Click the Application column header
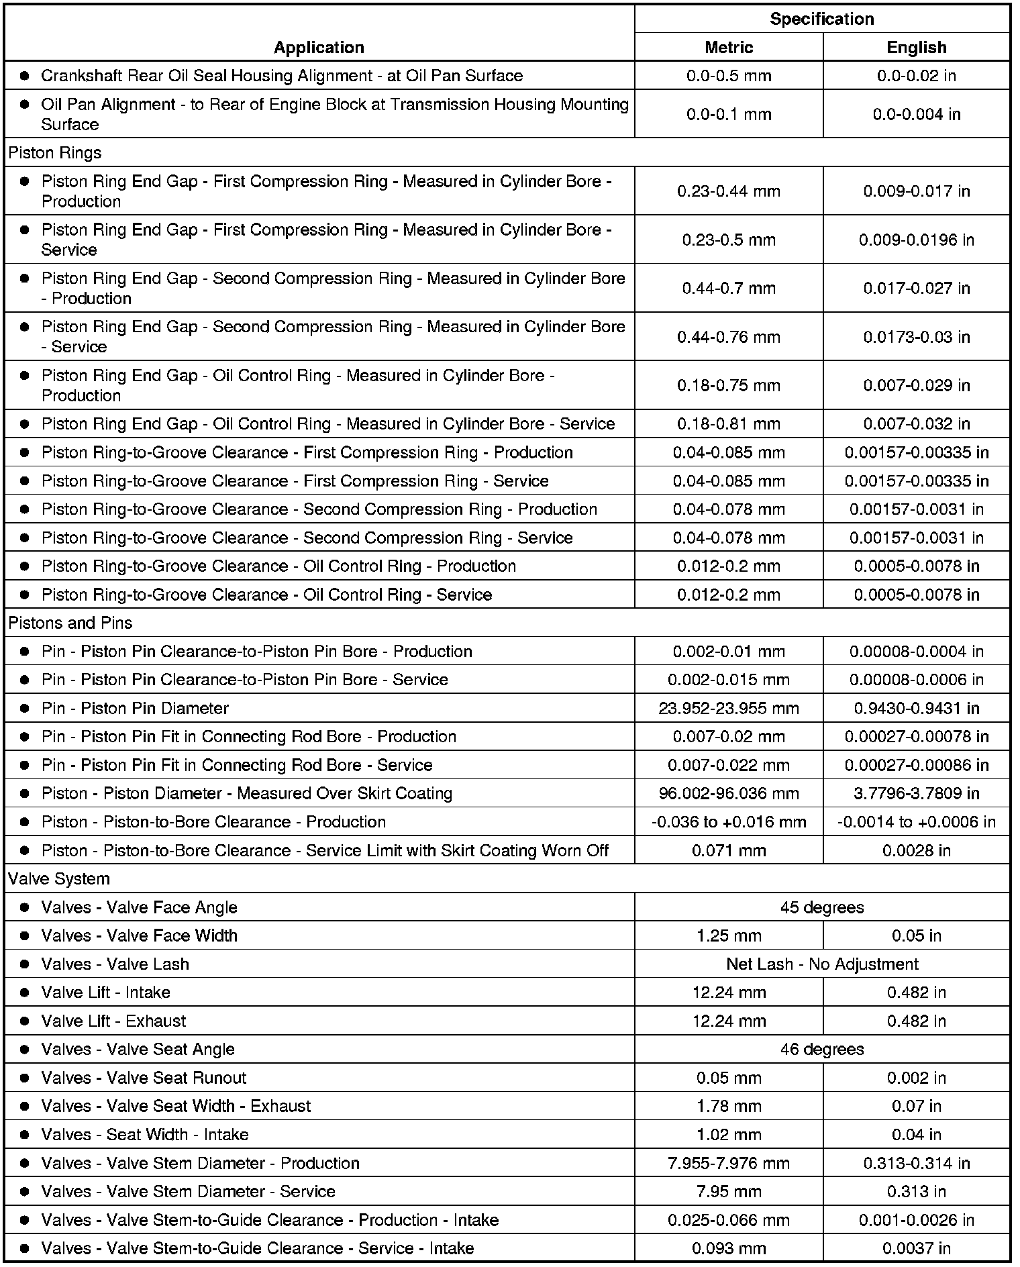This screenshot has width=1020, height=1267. (x=319, y=48)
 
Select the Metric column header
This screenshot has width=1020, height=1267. (x=729, y=48)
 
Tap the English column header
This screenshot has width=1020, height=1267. (x=916, y=48)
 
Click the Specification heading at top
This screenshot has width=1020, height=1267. (x=822, y=19)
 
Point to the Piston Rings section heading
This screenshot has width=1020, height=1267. (x=55, y=152)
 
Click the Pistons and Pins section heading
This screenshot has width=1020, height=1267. (x=70, y=623)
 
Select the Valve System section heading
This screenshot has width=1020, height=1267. (x=59, y=878)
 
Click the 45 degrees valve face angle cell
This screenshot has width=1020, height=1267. (x=822, y=907)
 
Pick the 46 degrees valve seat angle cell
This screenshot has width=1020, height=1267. (x=822, y=1049)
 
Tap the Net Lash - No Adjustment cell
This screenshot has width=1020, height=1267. (x=822, y=964)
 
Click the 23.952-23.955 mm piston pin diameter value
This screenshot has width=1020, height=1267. (x=729, y=708)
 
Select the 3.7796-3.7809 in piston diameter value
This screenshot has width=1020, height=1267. (x=916, y=793)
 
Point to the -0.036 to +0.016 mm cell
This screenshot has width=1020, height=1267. (x=729, y=822)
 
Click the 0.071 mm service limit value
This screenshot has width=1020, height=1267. (x=729, y=850)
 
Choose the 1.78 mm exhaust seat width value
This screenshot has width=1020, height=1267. (x=729, y=1106)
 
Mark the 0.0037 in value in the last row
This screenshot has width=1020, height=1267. (x=916, y=1248)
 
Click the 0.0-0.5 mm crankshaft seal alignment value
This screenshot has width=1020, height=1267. (x=729, y=76)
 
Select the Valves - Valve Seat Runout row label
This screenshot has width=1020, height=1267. (x=144, y=1078)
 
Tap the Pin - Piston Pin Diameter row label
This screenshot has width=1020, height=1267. (x=135, y=708)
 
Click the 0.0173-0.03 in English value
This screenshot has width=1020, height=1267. (x=916, y=337)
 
